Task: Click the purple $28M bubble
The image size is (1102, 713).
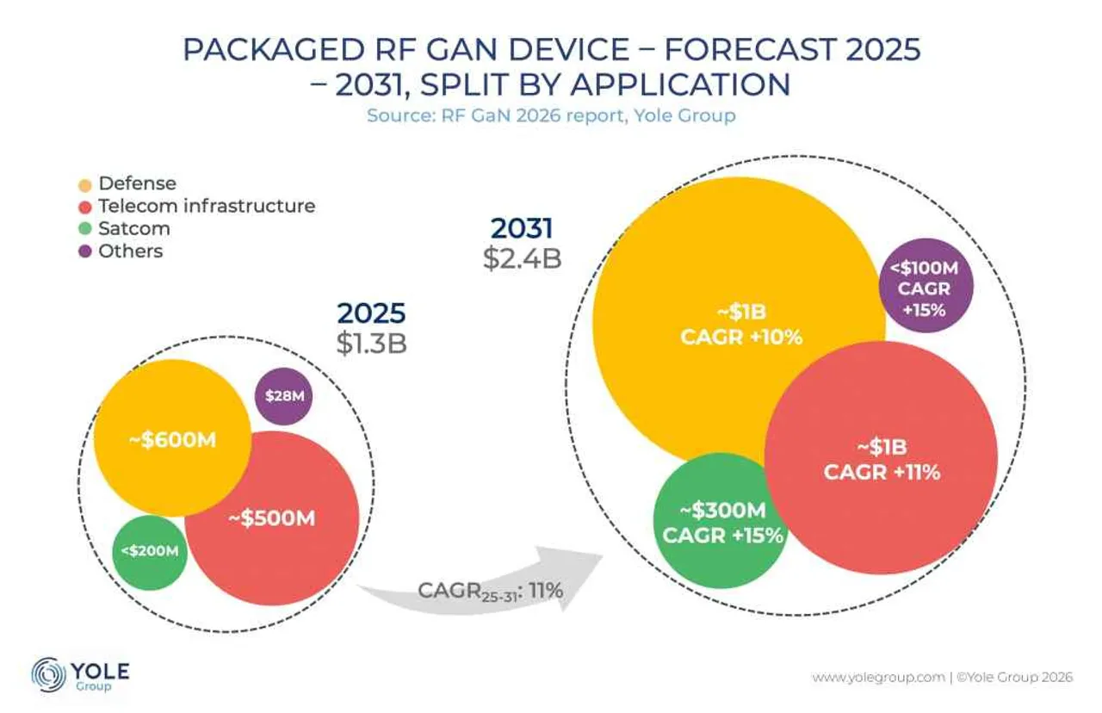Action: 284,395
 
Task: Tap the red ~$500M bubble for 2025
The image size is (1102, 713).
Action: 272,518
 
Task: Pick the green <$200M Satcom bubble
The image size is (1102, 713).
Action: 150,551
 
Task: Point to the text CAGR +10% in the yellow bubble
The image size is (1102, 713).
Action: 741,337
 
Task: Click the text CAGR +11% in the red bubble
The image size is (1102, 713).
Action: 882,472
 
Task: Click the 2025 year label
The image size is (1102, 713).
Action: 371,313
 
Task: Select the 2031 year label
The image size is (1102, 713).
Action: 523,228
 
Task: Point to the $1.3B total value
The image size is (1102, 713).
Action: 371,342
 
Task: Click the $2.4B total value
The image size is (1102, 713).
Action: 523,257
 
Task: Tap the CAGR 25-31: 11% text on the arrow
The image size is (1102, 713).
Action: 490,591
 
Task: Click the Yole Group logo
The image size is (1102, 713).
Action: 79,675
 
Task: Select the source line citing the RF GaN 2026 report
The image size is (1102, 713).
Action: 551,115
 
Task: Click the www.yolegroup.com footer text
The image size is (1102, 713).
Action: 879,678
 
